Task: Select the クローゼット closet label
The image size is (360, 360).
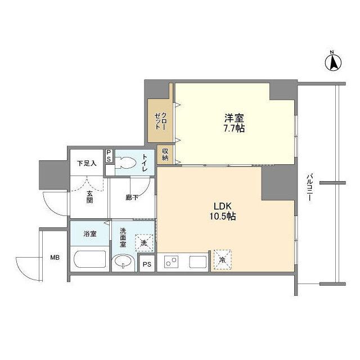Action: click(x=160, y=121)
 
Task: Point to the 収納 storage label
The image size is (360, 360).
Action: click(x=165, y=154)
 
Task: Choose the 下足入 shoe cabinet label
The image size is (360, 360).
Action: click(x=86, y=163)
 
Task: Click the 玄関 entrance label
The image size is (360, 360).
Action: click(x=90, y=197)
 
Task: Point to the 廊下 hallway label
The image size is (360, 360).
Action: click(x=132, y=197)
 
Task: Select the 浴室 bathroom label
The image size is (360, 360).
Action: click(x=89, y=233)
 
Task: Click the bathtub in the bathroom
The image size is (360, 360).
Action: click(x=89, y=260)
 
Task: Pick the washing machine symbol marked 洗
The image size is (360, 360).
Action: click(x=144, y=243)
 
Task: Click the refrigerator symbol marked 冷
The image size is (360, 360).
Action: click(x=222, y=259)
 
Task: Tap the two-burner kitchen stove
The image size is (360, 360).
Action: click(x=171, y=262)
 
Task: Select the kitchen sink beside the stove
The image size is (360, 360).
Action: click(x=198, y=262)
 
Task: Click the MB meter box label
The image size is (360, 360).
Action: click(x=55, y=258)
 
